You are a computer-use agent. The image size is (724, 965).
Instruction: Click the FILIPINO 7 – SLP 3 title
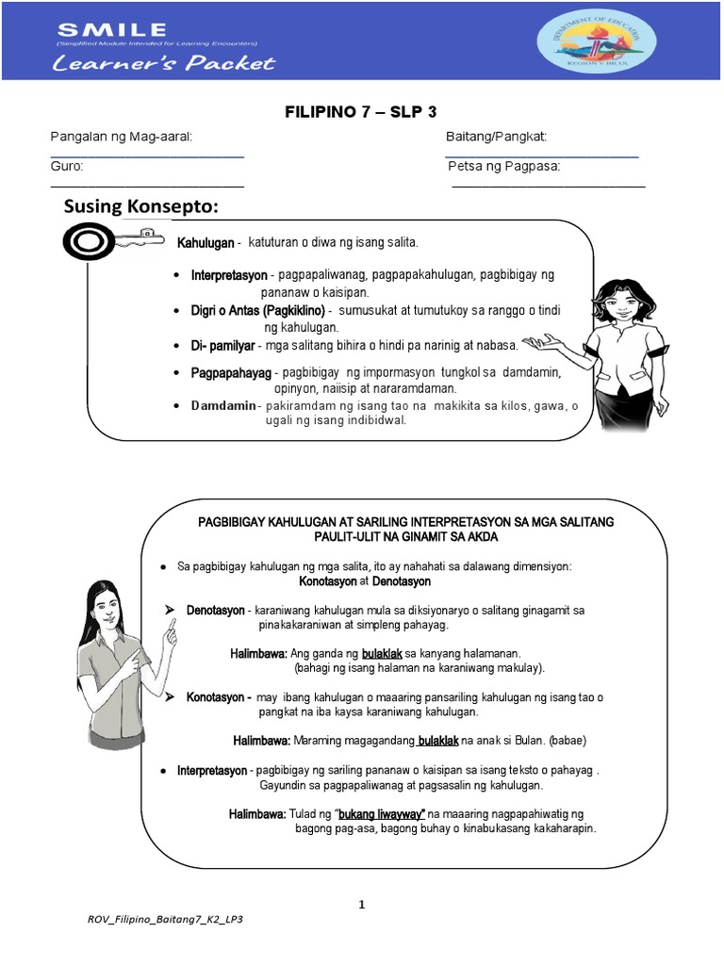[x=361, y=112]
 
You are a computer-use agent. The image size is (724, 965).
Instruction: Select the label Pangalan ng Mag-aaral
[x=121, y=138]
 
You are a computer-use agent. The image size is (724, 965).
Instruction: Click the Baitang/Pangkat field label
[x=496, y=138]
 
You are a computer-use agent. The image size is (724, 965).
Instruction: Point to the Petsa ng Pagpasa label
[x=503, y=167]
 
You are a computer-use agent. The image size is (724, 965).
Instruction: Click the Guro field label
[x=67, y=167]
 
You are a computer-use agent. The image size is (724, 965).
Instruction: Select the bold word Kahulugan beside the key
[x=206, y=243]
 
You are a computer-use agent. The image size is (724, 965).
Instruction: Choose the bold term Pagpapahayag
[x=231, y=373]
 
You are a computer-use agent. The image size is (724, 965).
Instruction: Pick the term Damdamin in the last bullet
[x=223, y=405]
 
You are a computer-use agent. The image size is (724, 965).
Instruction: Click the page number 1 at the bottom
[x=361, y=905]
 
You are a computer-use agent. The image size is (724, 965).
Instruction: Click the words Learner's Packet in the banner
[x=163, y=64]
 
